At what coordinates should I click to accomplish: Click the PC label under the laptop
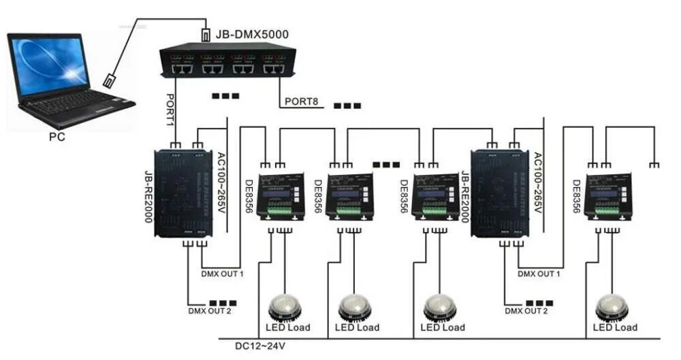pyautogui.click(x=58, y=135)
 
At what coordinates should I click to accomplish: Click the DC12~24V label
pyautogui.click(x=259, y=346)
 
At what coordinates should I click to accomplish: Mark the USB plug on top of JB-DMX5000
pyautogui.click(x=206, y=34)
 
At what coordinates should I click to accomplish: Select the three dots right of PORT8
pyautogui.click(x=347, y=106)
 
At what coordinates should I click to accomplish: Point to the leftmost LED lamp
pyautogui.click(x=285, y=307)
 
